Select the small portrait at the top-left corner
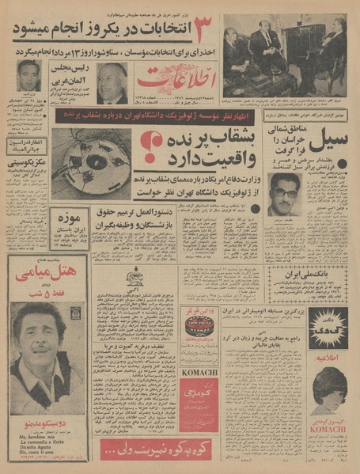[x=28, y=82]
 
